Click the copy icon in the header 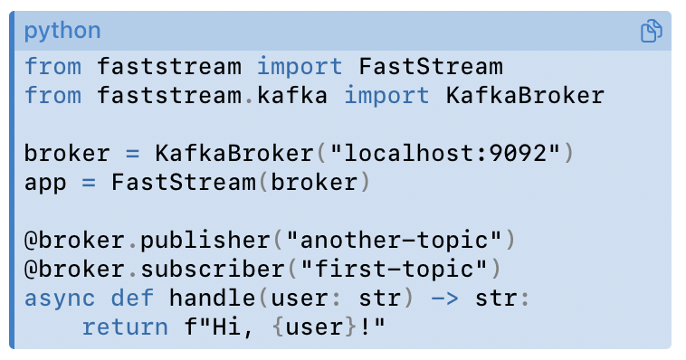click(651, 32)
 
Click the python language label click(62, 32)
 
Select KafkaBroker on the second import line click(524, 95)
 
